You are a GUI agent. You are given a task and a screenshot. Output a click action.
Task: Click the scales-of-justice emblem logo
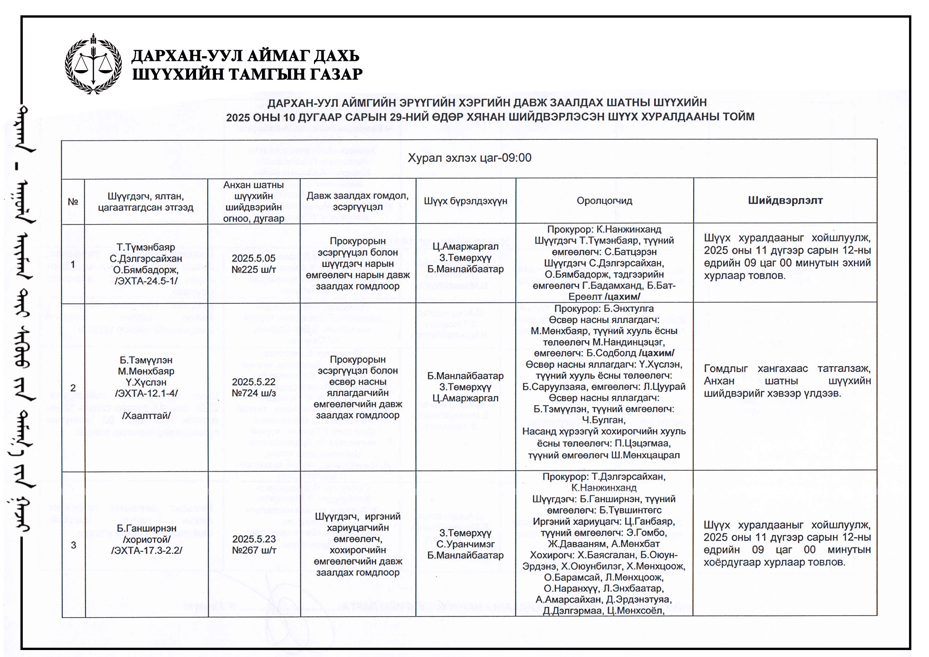pos(93,64)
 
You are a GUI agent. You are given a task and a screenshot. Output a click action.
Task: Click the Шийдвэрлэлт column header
pos(785,201)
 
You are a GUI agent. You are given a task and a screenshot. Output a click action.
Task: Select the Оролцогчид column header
pos(604,201)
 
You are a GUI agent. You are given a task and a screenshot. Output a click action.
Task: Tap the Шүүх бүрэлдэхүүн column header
pos(465,201)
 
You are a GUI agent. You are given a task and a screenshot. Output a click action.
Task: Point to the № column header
pos(73,202)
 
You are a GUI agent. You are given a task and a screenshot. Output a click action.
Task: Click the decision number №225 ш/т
pos(254,269)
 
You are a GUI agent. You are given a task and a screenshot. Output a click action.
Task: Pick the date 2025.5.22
pos(254,382)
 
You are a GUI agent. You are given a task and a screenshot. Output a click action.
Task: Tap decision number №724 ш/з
pos(254,393)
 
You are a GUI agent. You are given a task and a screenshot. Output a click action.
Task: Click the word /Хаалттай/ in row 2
pos(146,416)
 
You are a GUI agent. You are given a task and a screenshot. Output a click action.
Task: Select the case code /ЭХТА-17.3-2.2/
pos(146,551)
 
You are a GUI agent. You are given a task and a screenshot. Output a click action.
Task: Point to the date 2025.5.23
pos(254,539)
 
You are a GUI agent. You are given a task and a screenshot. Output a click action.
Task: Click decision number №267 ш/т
pos(254,551)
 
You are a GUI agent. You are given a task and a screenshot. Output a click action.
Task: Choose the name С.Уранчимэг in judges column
pos(465,544)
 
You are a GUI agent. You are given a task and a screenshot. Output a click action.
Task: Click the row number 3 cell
pos(73,545)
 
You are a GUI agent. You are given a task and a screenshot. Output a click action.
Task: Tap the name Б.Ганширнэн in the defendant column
pos(146,528)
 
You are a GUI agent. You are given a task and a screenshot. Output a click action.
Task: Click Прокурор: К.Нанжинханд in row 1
pos(604,230)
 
